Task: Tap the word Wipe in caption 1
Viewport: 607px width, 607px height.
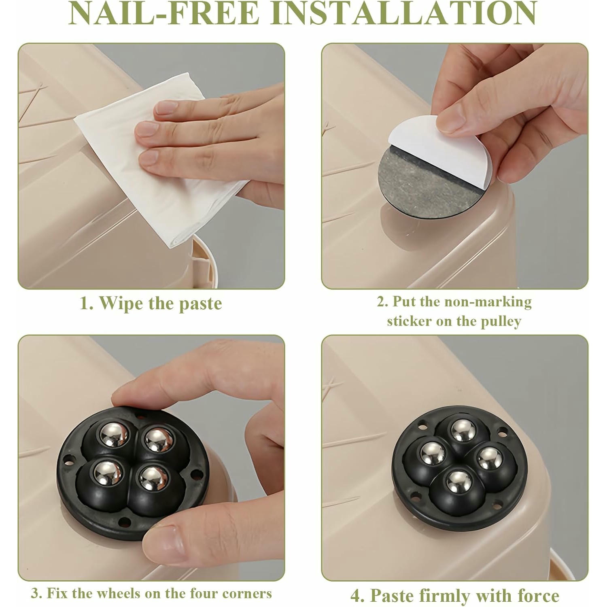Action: click(121, 303)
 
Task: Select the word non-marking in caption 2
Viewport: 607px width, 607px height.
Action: click(488, 302)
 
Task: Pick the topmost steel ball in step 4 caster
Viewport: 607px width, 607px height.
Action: click(464, 431)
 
